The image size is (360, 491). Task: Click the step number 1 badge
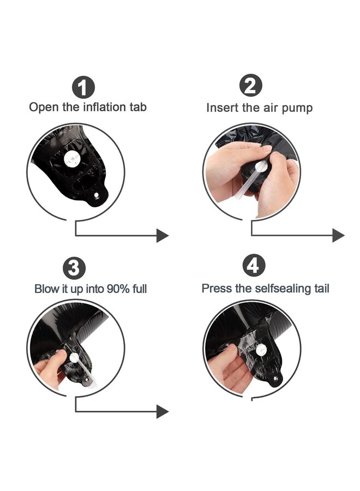[83, 87]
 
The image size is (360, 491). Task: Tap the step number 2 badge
[251, 85]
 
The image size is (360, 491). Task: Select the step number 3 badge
[74, 268]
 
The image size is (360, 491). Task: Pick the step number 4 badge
[254, 265]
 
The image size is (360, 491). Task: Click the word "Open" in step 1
[44, 107]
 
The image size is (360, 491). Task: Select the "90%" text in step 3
[118, 289]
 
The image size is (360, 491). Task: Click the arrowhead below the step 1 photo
[163, 236]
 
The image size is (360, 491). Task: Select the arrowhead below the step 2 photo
[338, 235]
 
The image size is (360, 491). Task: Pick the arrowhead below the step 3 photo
[163, 411]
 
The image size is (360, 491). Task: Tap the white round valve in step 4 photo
[261, 350]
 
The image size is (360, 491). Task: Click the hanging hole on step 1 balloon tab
[97, 195]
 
